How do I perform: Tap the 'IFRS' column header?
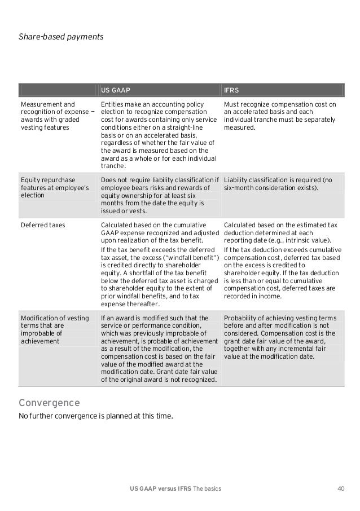232,90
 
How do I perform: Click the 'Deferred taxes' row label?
43,224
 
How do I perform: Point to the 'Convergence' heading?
49,403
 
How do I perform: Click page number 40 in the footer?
340,488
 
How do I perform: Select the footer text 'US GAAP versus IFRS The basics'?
175,488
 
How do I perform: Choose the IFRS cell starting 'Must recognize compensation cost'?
280,116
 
